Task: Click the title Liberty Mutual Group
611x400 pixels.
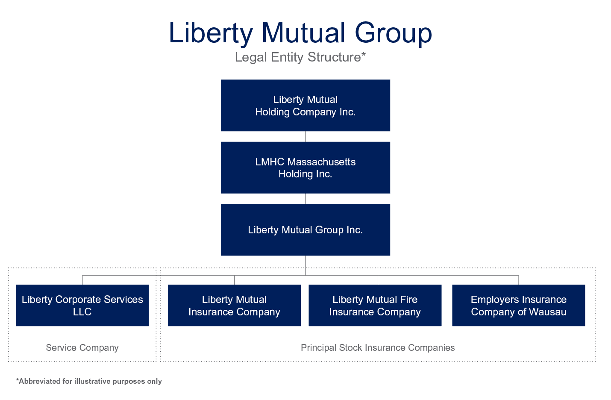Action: pos(300,33)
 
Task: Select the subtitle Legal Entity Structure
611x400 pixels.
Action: pos(300,57)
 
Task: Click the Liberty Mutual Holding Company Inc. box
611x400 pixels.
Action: pos(305,106)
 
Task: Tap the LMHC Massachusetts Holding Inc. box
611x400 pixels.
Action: pos(305,168)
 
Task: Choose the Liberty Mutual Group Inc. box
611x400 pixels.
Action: pos(305,230)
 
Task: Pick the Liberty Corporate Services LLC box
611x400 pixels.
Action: pos(82,306)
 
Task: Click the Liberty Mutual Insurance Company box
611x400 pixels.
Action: pos(235,306)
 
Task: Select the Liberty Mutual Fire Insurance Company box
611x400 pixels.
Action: pos(375,306)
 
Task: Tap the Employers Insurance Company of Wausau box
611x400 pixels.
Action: pos(519,306)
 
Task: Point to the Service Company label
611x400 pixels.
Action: pos(82,348)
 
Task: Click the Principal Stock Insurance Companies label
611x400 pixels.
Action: pos(378,348)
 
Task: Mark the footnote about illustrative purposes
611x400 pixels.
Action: pos(89,381)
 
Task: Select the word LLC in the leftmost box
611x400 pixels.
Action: pos(82,312)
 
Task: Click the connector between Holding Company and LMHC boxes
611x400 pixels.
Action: pos(305,136)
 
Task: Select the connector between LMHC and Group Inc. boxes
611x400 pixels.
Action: pos(305,199)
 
